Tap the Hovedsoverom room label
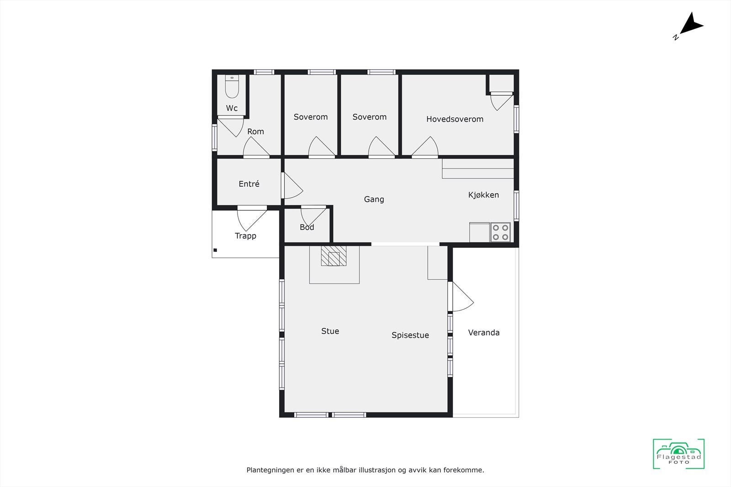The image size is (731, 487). coord(455,119)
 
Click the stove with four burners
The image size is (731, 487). coord(500,232)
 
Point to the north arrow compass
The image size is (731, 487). coord(690,25)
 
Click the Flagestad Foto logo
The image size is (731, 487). coord(678,454)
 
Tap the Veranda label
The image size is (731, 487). coord(483,333)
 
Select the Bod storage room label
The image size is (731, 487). coord(307,227)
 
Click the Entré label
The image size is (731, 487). coord(249,184)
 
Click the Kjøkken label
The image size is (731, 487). coord(483,195)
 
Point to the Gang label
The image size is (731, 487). coord(374,199)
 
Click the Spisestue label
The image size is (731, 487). coord(410,335)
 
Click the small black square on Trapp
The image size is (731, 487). coord(215,250)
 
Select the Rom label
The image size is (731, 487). coord(255,131)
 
